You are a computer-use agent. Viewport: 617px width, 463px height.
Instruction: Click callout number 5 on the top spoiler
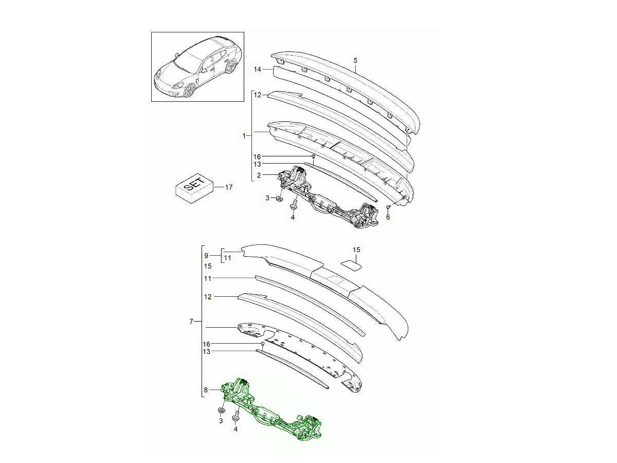pyautogui.click(x=355, y=60)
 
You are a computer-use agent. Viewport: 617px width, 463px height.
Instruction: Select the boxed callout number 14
pyautogui.click(x=258, y=69)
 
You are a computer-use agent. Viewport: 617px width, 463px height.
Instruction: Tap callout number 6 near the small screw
pyautogui.click(x=388, y=217)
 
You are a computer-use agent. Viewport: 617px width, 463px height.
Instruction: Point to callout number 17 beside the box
pyautogui.click(x=228, y=188)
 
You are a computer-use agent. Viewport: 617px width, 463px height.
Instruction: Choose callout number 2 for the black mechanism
pyautogui.click(x=259, y=175)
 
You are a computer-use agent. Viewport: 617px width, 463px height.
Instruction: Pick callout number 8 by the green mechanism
pyautogui.click(x=206, y=390)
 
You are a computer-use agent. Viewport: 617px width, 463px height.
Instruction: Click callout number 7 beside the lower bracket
pyautogui.click(x=191, y=322)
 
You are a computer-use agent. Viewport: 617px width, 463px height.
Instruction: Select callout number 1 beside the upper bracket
pyautogui.click(x=244, y=136)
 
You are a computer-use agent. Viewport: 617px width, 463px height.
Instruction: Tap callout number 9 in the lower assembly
pyautogui.click(x=207, y=256)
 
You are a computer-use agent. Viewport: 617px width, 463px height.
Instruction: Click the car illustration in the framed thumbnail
pyautogui.click(x=197, y=67)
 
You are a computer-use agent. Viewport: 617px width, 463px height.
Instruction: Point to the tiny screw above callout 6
pyautogui.click(x=389, y=206)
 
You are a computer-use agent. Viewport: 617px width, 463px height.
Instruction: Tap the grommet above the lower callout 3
pyautogui.click(x=221, y=410)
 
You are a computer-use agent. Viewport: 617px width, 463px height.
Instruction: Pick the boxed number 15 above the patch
pyautogui.click(x=356, y=250)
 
